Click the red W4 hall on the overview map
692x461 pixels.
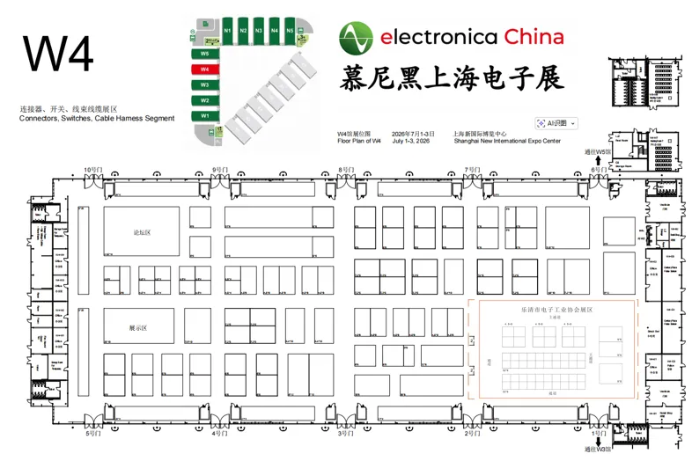tap(204, 69)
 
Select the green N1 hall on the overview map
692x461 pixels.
tap(227, 31)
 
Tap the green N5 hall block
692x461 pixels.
tap(290, 31)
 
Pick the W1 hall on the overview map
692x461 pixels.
tap(204, 116)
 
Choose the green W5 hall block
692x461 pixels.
tap(204, 53)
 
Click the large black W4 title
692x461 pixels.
tap(58, 55)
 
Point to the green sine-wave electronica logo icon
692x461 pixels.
tap(357, 38)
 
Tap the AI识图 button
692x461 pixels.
tap(556, 123)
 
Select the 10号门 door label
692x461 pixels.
tap(92, 169)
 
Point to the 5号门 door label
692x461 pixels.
tap(92, 434)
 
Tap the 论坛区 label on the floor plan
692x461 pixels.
tap(142, 232)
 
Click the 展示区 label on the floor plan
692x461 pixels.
tap(137, 326)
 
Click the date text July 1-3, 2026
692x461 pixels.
tap(411, 141)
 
